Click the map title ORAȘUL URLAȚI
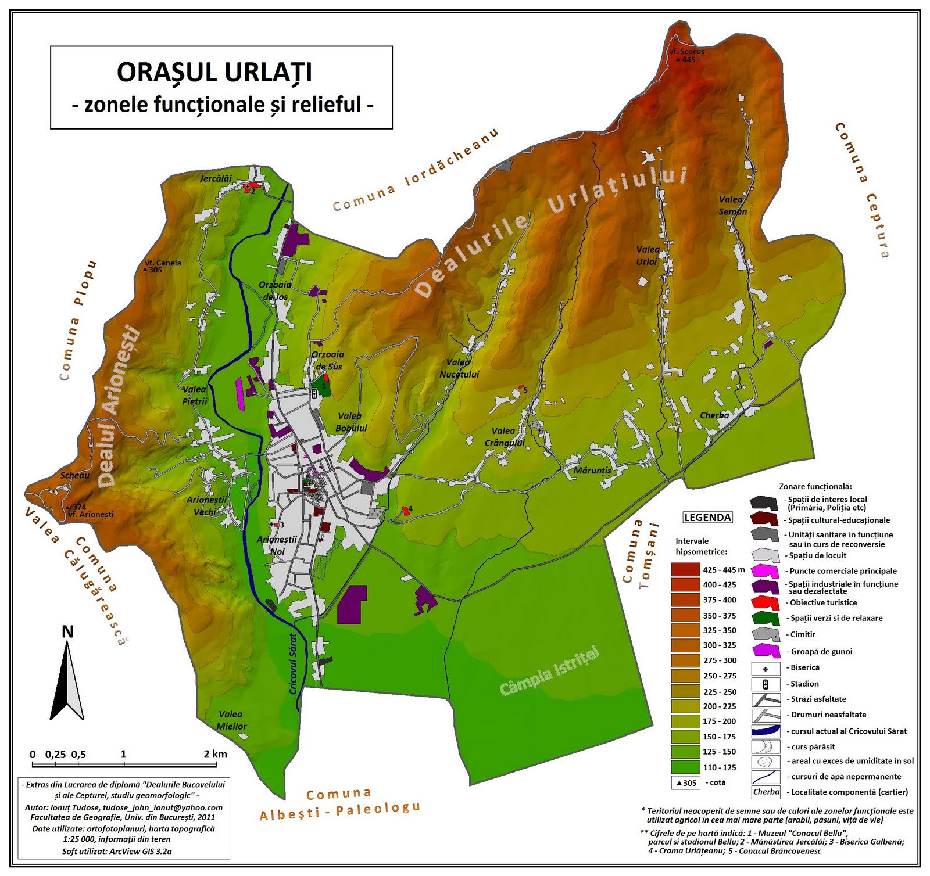point(214,73)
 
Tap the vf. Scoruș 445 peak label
point(686,55)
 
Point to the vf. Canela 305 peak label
point(163,266)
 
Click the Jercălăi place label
point(216,178)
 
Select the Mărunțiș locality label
point(592,471)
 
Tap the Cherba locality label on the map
point(714,415)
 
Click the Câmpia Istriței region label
point(549,672)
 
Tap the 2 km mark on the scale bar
point(215,754)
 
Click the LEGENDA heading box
point(707,518)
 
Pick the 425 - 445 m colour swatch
point(686,569)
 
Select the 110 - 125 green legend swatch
point(686,767)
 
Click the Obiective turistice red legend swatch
point(765,602)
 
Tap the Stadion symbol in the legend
point(766,684)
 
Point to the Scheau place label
point(75,475)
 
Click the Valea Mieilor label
point(231,720)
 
